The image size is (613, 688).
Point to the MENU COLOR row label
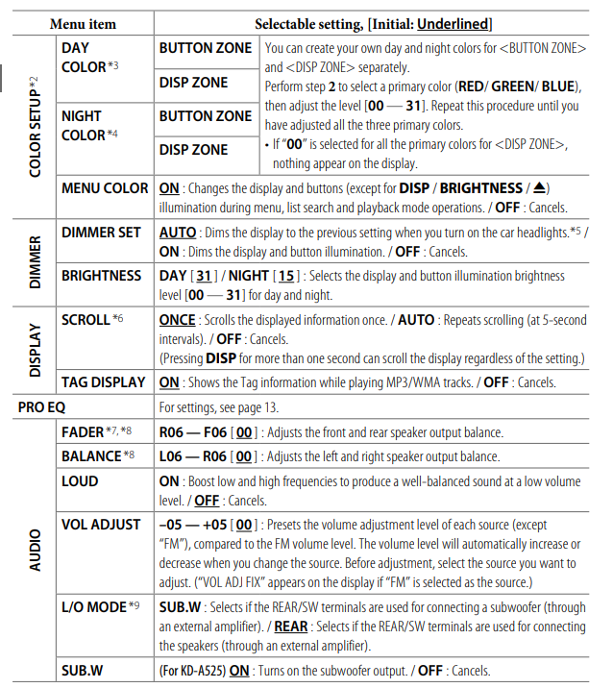(x=104, y=188)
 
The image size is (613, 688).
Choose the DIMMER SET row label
(x=101, y=233)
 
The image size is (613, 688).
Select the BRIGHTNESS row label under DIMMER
(x=101, y=276)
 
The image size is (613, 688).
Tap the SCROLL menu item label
(x=86, y=320)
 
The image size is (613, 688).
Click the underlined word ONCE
(x=178, y=320)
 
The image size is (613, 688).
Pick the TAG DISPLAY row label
(x=103, y=382)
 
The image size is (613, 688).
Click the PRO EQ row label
(x=43, y=407)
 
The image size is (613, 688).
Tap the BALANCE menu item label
(x=91, y=456)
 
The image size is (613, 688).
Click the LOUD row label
(x=80, y=481)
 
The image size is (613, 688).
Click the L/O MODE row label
(x=92, y=606)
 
